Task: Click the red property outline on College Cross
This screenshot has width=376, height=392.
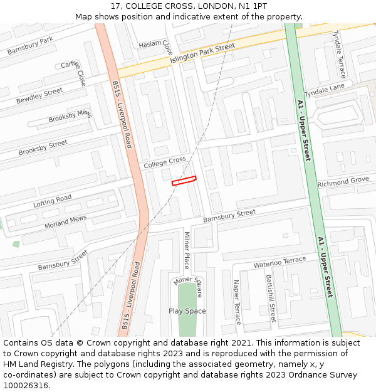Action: [184, 181]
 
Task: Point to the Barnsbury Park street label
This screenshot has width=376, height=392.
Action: [30, 46]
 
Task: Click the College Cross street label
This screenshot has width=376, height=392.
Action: [165, 162]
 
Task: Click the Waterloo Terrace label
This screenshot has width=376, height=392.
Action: [279, 263]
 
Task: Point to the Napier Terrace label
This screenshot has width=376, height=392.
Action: [237, 302]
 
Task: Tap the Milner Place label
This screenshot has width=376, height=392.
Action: [186, 250]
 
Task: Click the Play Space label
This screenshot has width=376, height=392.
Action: [187, 311]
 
